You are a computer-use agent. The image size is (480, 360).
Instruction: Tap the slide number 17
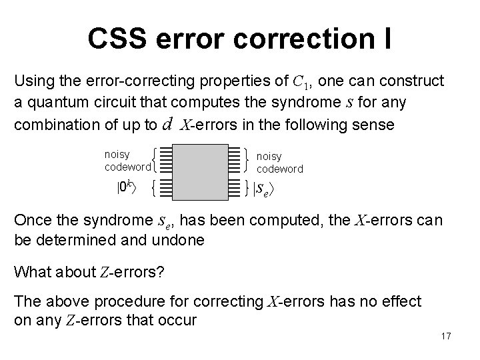(446, 336)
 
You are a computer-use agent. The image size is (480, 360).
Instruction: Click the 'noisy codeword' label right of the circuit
(279, 163)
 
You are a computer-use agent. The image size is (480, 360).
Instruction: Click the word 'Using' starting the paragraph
(33, 81)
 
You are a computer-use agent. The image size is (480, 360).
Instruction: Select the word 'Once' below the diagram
(31, 221)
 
